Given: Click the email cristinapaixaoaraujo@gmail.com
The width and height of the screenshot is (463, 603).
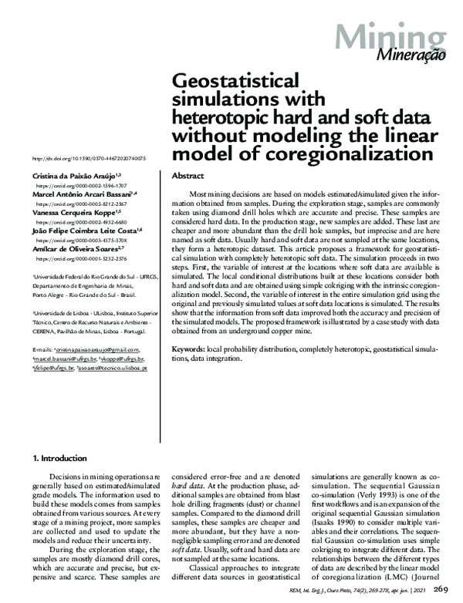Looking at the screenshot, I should (96, 349).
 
